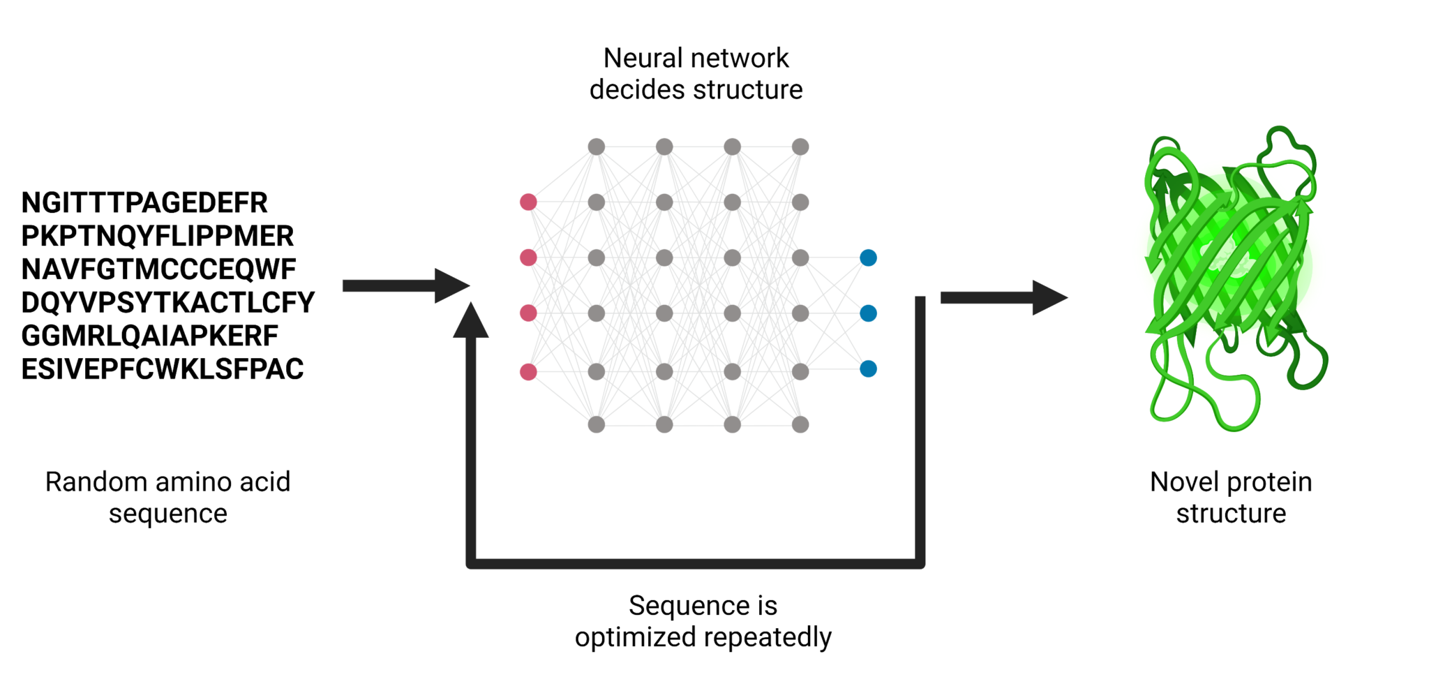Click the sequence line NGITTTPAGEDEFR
(144, 203)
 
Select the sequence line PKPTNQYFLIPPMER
(157, 237)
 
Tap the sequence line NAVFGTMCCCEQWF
(158, 269)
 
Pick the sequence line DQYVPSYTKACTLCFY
(167, 303)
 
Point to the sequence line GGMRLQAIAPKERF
(149, 336)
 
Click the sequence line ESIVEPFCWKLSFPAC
(162, 369)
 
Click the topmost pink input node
(528, 202)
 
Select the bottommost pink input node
(528, 372)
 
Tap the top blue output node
(868, 258)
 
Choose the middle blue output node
(868, 313)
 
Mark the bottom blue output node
(868, 368)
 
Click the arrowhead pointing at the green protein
(1048, 298)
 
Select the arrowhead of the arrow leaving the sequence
(450, 285)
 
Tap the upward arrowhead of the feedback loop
(471, 322)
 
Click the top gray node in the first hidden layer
(596, 147)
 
